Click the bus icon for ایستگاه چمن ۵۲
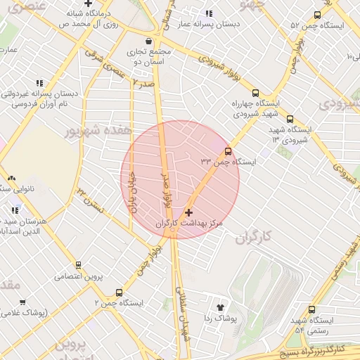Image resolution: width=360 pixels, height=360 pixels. click(317, 15)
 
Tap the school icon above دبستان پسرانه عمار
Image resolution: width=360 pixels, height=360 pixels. click(209, 13)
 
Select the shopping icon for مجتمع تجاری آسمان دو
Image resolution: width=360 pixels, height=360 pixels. click(148, 40)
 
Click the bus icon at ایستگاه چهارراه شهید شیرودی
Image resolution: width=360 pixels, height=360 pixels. click(255, 92)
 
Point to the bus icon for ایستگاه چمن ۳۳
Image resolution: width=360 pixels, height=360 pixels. click(228, 151)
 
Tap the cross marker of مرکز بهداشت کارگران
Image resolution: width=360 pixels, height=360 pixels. click(188, 212)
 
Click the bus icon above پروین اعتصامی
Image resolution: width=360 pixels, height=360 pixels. click(78, 265)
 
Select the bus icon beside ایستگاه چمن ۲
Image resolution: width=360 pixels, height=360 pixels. click(118, 292)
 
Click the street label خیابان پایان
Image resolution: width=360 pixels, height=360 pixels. click(131, 193)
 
